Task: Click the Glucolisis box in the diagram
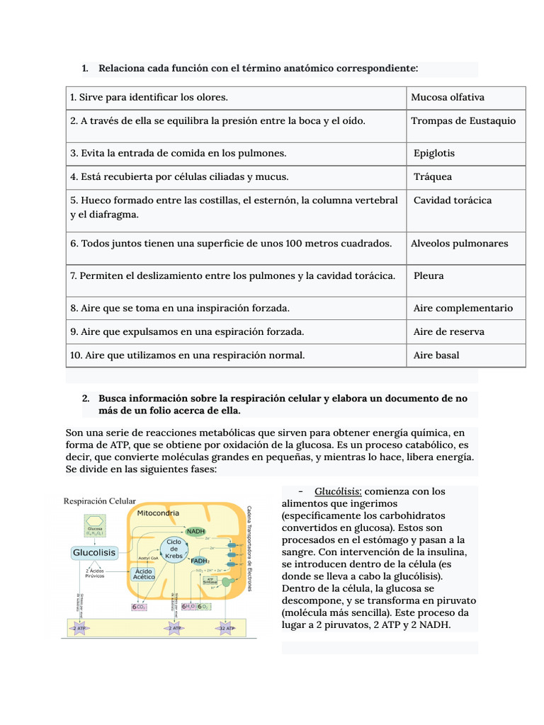[x=94, y=552]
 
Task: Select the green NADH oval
[x=195, y=531]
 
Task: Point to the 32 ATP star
[x=227, y=628]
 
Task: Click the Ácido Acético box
[x=144, y=573]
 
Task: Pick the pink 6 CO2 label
[x=139, y=607]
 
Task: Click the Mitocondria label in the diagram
[x=157, y=513]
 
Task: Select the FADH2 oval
[x=200, y=561]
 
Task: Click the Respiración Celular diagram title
[x=99, y=501]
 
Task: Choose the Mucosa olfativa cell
[x=448, y=98]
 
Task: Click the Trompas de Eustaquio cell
[x=463, y=121]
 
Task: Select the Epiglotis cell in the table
[x=434, y=154]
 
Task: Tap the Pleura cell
[x=429, y=275]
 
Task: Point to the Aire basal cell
[x=436, y=355]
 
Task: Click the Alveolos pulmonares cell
[x=459, y=244]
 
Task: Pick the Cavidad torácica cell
[x=452, y=200]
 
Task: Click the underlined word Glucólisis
[x=339, y=491]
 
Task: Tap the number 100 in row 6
[x=294, y=244]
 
